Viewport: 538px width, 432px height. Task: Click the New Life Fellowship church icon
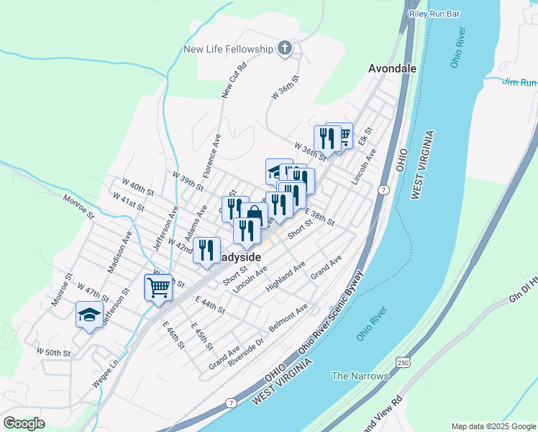click(x=285, y=49)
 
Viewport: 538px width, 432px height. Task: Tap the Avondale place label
click(x=392, y=69)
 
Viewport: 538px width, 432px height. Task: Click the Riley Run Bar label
click(x=434, y=14)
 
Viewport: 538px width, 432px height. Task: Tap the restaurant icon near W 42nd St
click(x=206, y=249)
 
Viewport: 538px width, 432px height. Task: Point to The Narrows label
click(x=360, y=376)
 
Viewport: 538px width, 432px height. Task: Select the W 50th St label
click(x=53, y=353)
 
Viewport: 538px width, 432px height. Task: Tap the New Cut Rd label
click(x=234, y=80)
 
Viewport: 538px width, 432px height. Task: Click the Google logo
click(x=24, y=423)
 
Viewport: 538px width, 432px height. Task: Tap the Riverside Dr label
click(x=247, y=347)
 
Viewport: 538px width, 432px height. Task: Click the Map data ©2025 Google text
click(x=493, y=426)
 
